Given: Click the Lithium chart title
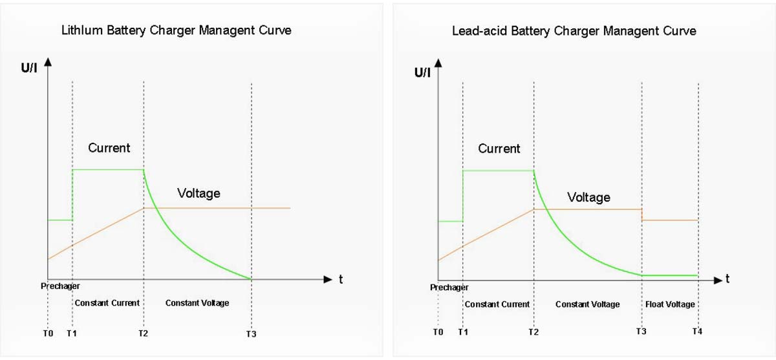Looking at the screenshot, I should tap(176, 30).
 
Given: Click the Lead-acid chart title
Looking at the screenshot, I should tap(574, 31).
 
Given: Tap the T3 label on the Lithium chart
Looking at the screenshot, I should tap(252, 334).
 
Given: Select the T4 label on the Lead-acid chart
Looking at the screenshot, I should tap(697, 332).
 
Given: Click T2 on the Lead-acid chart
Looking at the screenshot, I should tap(533, 332).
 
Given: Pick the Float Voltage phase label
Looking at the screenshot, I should tap(670, 304).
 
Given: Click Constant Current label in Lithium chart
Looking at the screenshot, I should tap(107, 303).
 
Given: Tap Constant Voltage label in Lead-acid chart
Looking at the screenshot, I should tap(587, 304).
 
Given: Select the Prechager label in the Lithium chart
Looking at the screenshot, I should tap(60, 286).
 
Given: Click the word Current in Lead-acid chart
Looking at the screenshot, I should tap(499, 149).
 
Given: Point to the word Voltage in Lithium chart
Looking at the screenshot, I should tap(199, 193).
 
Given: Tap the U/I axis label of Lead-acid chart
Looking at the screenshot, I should tap(422, 72).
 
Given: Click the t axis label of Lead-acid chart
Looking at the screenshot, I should tap(727, 279).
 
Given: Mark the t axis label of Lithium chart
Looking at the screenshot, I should tap(341, 280).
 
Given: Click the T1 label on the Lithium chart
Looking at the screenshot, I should tap(72, 334).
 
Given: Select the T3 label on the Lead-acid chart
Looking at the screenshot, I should tap(641, 332).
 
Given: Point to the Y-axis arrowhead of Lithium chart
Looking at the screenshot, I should tap(47, 63).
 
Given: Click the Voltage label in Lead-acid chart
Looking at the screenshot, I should tap(588, 197).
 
